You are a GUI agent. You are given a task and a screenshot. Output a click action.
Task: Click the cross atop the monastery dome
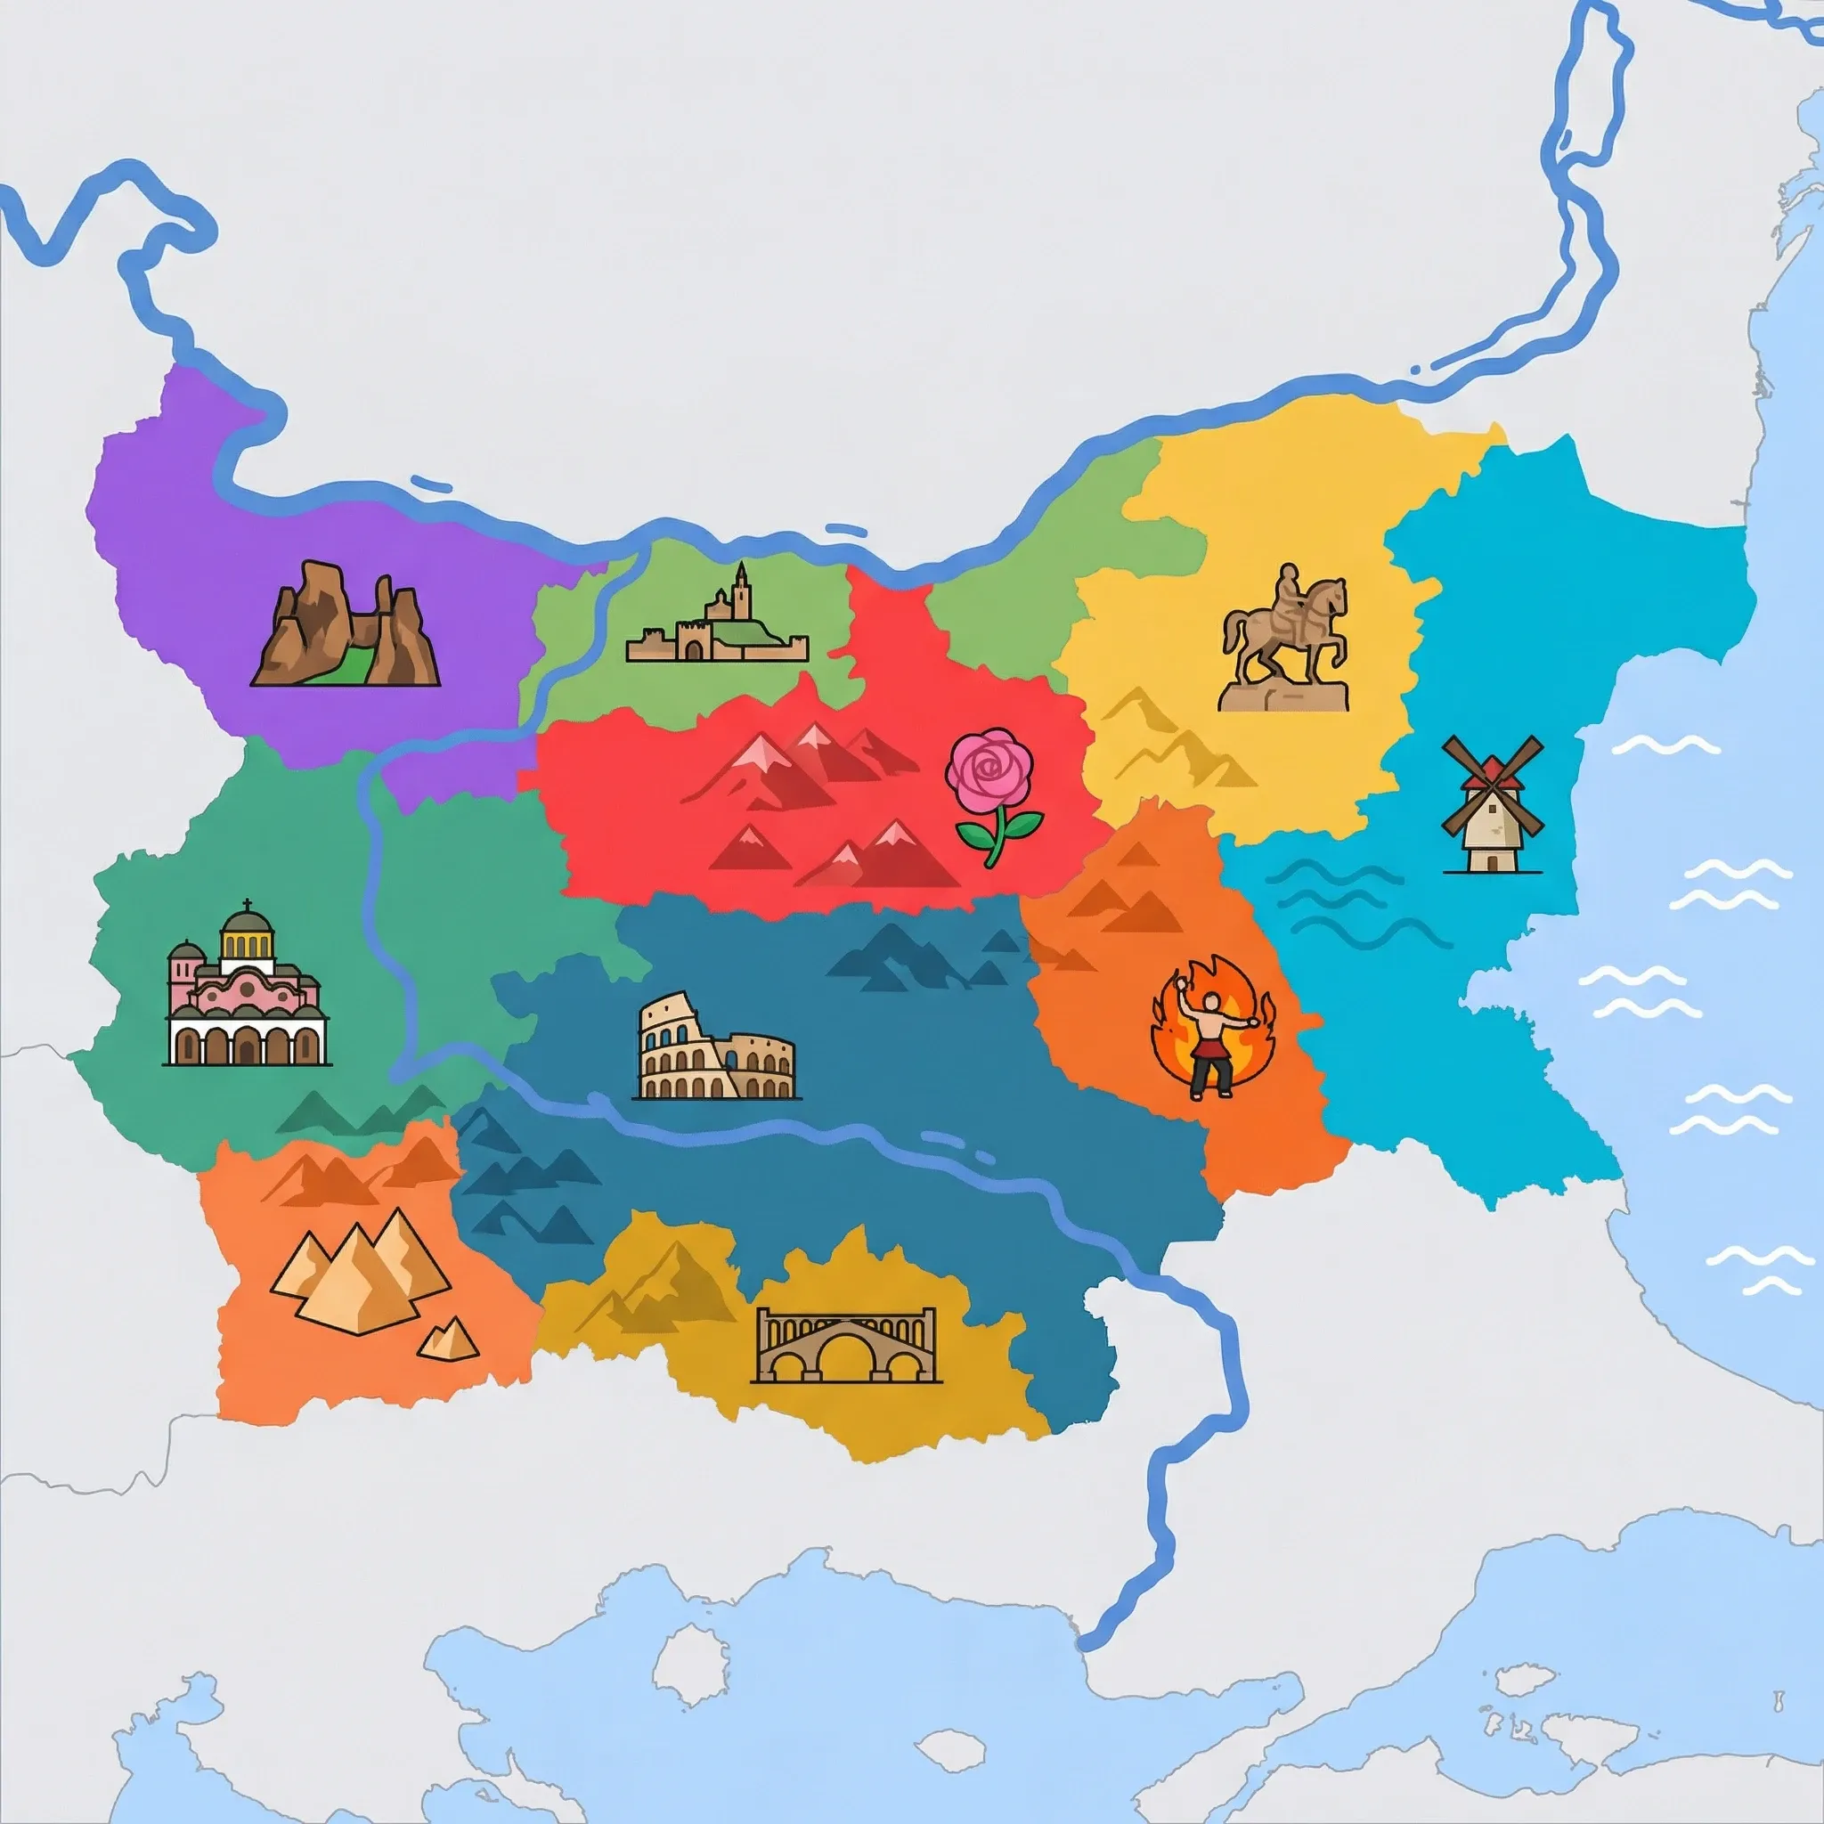248,905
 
